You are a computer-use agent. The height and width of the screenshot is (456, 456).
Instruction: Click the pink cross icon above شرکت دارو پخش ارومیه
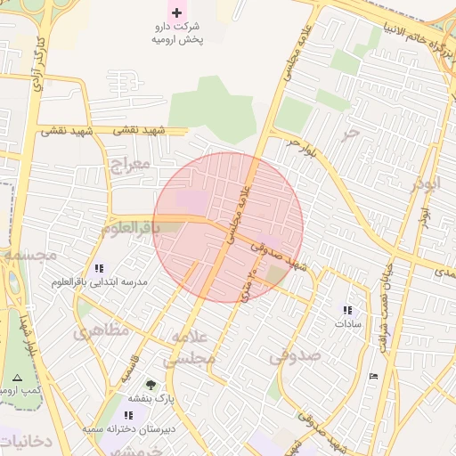tap(175, 12)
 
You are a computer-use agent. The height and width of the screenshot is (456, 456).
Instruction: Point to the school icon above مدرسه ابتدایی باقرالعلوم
tap(99, 268)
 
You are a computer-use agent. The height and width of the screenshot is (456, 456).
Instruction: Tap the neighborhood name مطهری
tap(102, 330)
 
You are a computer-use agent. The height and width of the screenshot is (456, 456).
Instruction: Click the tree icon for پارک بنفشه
tap(150, 385)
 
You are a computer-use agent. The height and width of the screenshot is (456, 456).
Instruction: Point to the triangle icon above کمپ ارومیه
tap(18, 378)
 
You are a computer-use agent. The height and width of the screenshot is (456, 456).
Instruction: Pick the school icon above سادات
tap(347, 310)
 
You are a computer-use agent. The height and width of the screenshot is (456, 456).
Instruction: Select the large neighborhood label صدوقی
tap(295, 356)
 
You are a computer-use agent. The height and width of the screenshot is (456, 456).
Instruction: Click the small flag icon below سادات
tap(372, 376)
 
